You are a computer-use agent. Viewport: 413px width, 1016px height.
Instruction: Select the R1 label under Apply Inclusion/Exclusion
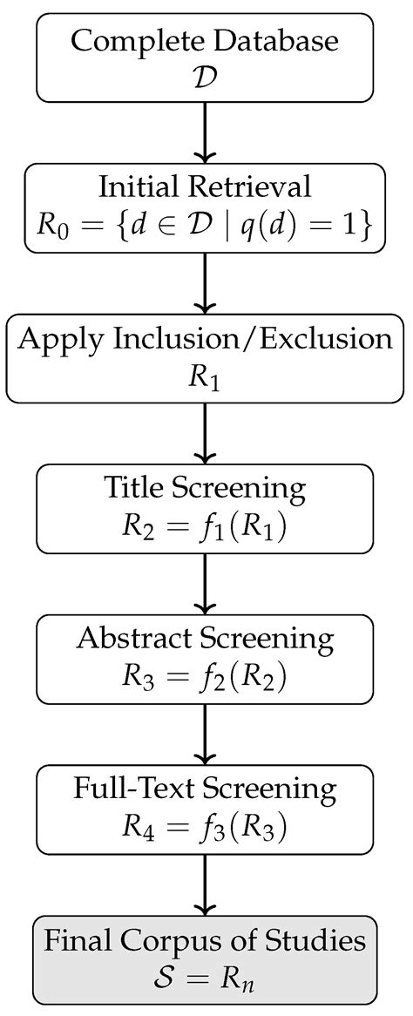click(x=206, y=376)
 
